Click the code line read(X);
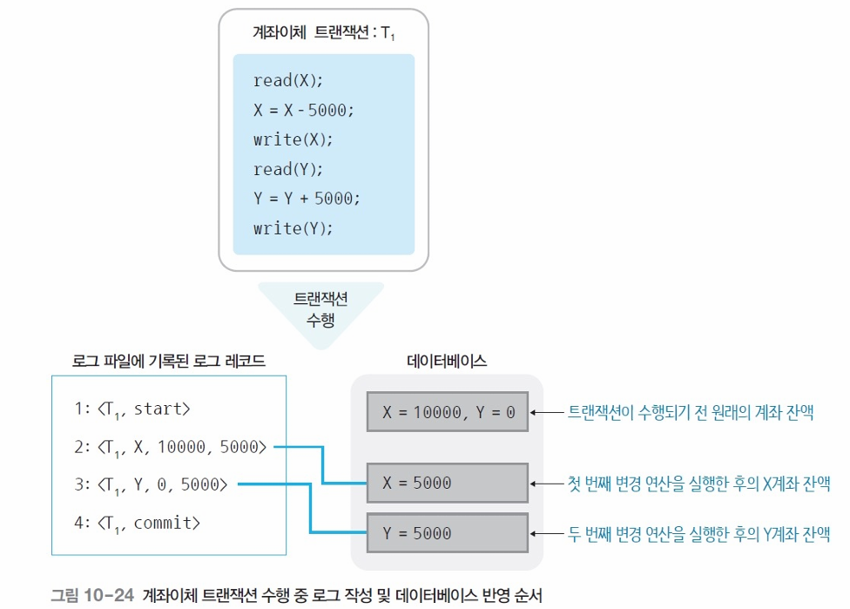coord(288,81)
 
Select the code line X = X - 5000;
coord(304,111)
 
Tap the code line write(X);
coord(293,139)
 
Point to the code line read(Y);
coord(288,169)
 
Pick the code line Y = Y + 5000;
coord(307,199)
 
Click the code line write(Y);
coord(293,228)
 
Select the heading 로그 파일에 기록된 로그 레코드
coord(169,360)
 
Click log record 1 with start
coord(132,408)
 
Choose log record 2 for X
coord(171,447)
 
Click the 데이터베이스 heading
coord(447,360)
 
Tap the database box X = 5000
coord(447,484)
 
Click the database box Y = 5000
coord(447,532)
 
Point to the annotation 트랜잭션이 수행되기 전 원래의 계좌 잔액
coord(691,412)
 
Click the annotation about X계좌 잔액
coord(698,484)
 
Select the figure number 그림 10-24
coord(91,596)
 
